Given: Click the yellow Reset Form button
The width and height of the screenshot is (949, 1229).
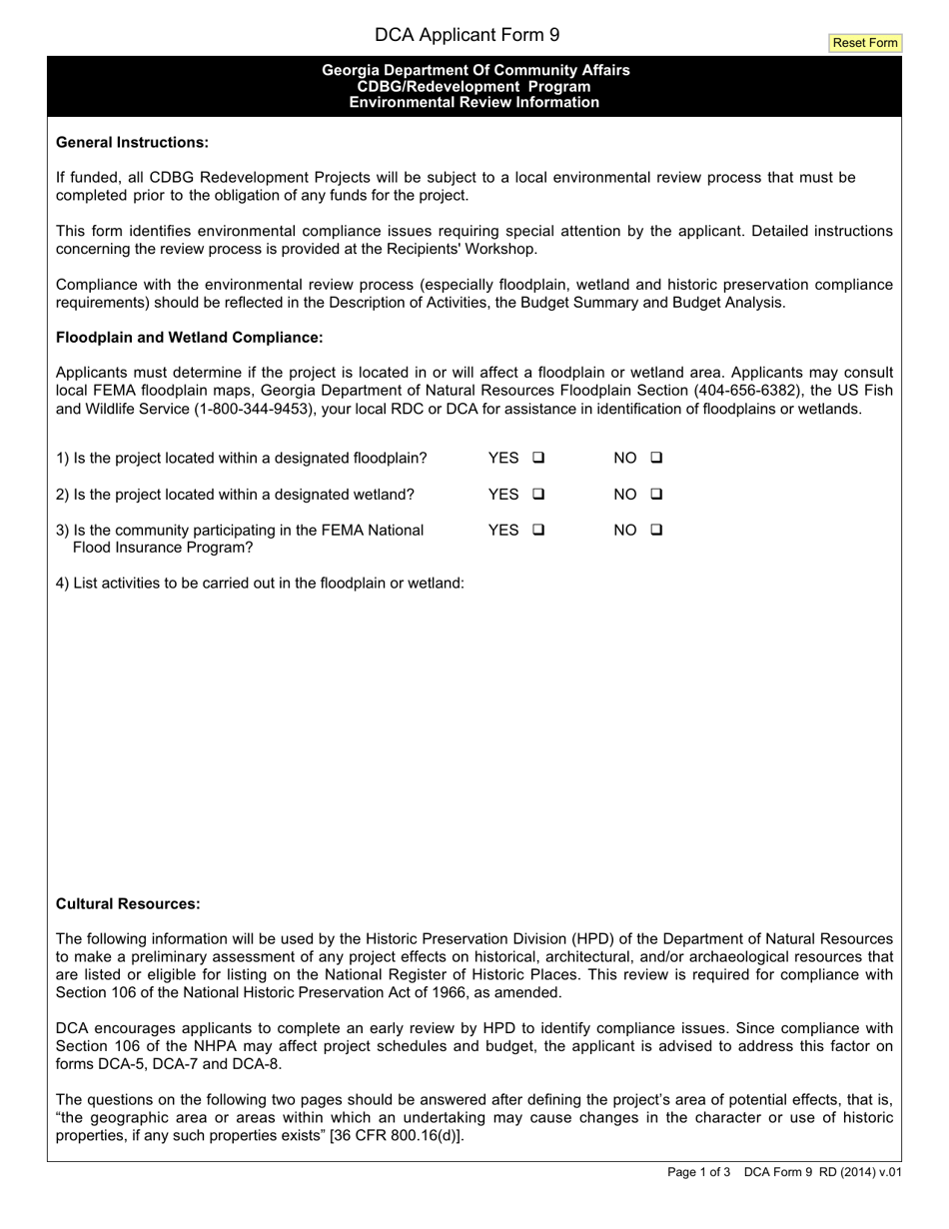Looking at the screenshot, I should [865, 43].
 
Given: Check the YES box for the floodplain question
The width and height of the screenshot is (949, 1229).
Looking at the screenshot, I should [538, 459].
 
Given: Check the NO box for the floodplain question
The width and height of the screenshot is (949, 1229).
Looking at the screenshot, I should [656, 459].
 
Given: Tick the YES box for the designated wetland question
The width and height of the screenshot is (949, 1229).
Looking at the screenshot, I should [538, 494].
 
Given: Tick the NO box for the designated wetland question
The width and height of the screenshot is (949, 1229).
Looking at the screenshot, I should [656, 494].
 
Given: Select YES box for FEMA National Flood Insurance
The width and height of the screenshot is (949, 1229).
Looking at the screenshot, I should [538, 530].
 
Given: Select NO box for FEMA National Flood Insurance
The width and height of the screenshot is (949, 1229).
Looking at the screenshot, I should [656, 530].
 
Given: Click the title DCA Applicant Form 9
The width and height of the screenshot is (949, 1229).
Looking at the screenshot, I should [467, 35].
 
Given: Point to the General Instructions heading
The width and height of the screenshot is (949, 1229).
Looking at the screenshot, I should [132, 142].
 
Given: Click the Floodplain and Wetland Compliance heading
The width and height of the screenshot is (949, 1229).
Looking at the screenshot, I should [189, 338].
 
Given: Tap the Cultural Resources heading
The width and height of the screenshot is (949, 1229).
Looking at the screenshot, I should [128, 903].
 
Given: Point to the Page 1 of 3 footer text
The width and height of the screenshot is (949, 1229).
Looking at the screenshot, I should [699, 1173].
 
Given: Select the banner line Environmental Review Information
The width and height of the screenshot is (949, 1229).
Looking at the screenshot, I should [474, 103].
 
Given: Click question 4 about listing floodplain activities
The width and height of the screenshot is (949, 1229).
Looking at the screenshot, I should [260, 583].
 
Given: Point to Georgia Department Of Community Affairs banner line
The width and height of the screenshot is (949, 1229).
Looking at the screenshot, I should [475, 70].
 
